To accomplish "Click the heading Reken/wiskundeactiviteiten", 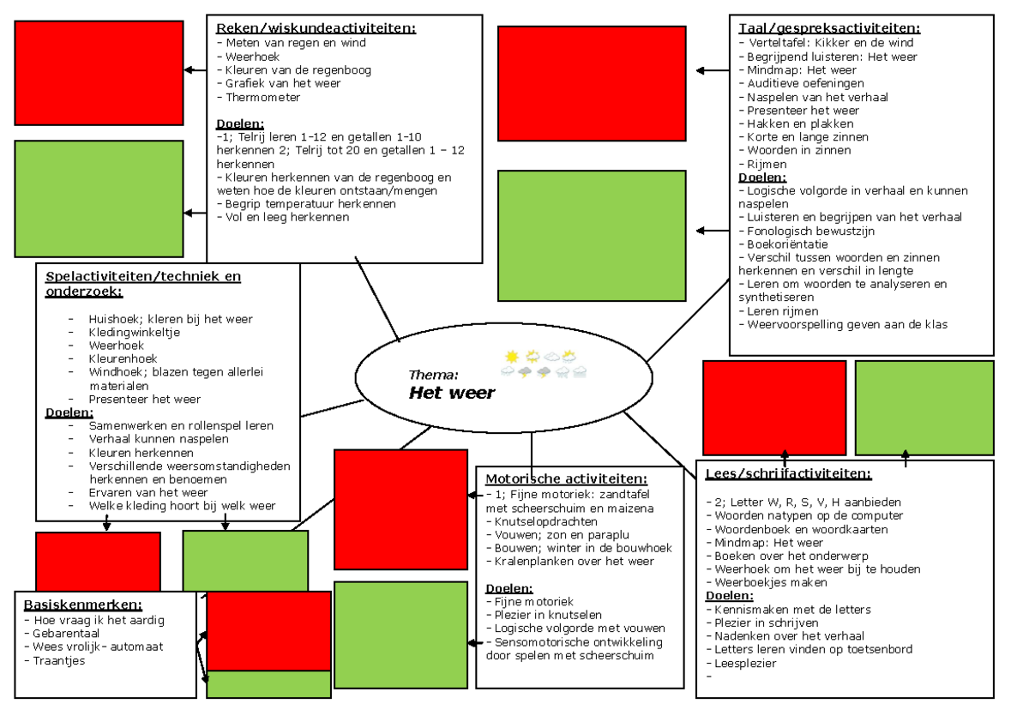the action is tap(316, 28).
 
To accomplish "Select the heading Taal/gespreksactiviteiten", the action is tap(829, 28).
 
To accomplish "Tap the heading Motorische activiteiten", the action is tap(566, 478).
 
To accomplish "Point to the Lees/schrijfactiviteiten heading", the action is tap(788, 473).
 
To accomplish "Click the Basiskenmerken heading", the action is tap(82, 605).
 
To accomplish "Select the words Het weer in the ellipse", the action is tap(452, 393).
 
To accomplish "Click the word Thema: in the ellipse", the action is tap(433, 375).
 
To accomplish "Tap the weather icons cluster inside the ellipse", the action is tap(544, 364).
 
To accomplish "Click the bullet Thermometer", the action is tap(258, 98).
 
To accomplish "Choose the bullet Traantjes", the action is tap(55, 660).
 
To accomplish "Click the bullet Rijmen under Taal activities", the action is tap(762, 164).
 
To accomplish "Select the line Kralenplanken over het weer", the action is tap(569, 562).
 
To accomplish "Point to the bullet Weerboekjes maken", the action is tap(767, 582).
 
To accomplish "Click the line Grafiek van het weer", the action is tap(279, 83).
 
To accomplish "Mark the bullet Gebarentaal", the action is tap(62, 634).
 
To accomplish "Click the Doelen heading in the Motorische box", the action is tap(509, 588).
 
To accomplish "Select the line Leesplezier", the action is tap(741, 663).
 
